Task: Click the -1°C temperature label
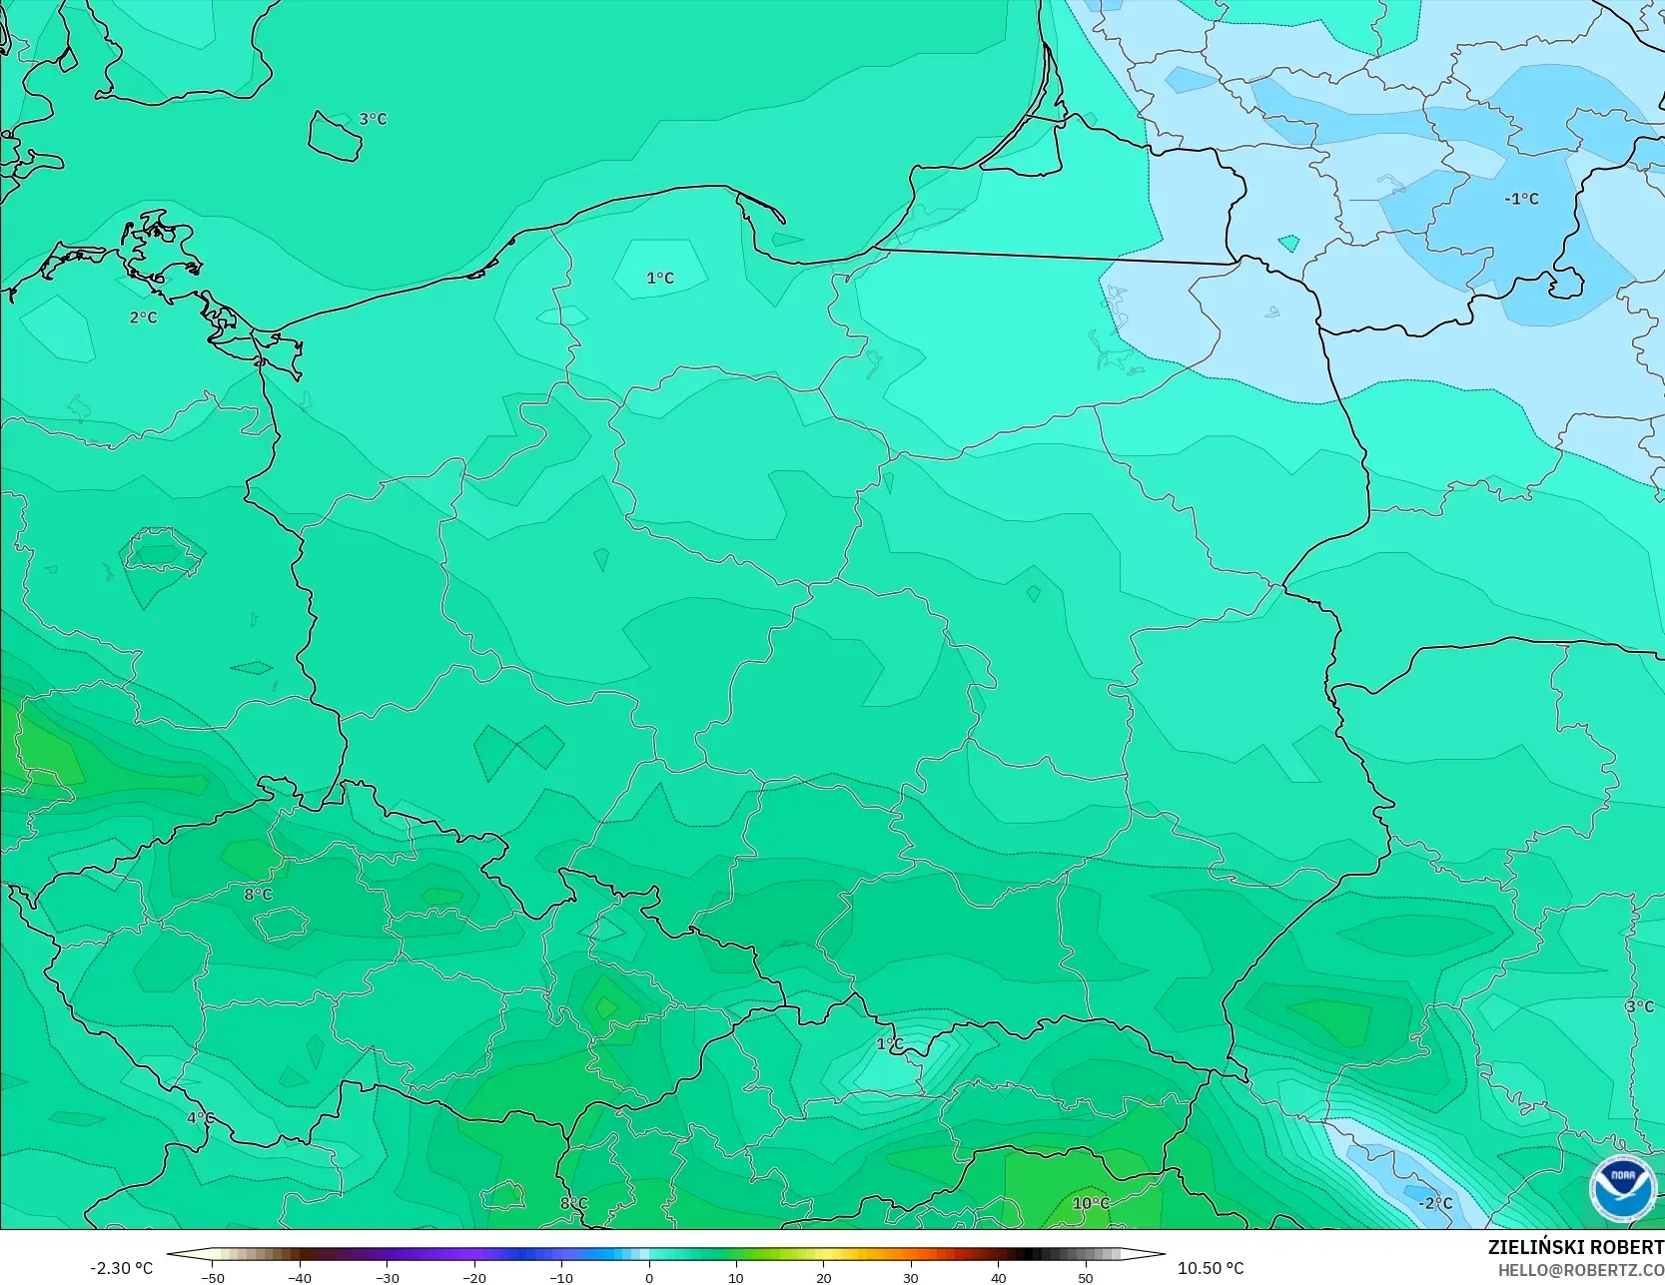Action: coord(1521,199)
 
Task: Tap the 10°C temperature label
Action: coord(1090,1203)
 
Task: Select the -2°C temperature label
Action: coord(1435,1203)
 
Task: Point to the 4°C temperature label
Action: coord(200,1117)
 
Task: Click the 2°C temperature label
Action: coord(143,318)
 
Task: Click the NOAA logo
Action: coord(1622,1188)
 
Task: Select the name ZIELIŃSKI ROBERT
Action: coord(1575,1248)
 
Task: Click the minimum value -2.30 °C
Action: coord(121,1268)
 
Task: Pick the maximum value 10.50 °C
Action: coord(1211,1268)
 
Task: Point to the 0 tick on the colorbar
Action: coord(648,1278)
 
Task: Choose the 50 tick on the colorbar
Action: coord(1086,1278)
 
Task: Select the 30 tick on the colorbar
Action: coord(911,1278)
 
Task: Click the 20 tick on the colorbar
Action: coord(823,1278)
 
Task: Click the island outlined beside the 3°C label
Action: coord(334,135)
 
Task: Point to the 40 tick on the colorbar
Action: coord(998,1278)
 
